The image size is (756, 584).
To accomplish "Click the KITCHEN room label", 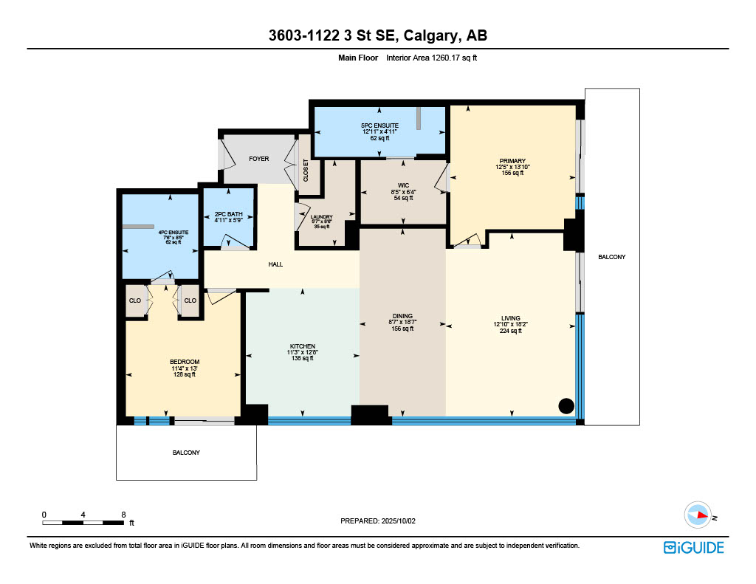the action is point(302,346).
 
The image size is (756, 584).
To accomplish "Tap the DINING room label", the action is point(402,316).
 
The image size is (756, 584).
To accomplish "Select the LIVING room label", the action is point(511,318).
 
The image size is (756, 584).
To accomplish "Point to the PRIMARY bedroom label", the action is point(512,161).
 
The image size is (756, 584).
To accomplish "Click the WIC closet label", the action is point(404,185).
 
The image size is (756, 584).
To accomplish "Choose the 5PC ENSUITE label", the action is point(380,126).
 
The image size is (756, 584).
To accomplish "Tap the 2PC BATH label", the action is point(229,214).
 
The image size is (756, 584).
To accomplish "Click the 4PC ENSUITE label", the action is point(173,233).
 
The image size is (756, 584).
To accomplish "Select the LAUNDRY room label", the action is point(322,217).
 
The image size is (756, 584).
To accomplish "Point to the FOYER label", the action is point(259,159).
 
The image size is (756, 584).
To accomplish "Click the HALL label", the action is point(276,264).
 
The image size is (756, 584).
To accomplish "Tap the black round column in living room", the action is point(566,406).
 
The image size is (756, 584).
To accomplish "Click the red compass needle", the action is point(702,515).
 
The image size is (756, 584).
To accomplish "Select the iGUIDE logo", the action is point(694,548).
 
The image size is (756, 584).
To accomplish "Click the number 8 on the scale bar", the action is point(123,515).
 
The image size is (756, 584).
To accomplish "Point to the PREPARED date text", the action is point(378,521).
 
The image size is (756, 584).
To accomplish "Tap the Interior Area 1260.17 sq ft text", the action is point(431,58).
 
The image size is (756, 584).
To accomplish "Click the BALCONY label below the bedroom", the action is point(186,453).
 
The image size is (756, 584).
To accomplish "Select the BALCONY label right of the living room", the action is point(612,257).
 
